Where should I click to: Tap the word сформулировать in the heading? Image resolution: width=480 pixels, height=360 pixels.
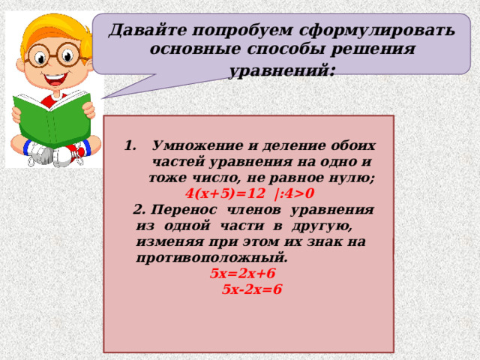[x=376, y=31]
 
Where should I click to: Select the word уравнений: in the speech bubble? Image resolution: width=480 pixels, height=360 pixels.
[x=282, y=71]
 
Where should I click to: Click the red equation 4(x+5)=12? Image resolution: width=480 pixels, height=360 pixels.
[x=225, y=193]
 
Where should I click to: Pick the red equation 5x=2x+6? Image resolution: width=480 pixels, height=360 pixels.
[x=243, y=273]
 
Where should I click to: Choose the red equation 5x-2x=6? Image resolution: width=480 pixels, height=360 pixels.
[x=252, y=289]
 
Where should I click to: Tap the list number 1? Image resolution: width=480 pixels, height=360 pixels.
[x=130, y=145]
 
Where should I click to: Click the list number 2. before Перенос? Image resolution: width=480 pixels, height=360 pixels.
[x=139, y=210]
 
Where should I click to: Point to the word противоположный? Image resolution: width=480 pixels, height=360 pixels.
[x=212, y=258]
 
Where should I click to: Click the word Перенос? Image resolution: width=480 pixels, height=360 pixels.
[x=184, y=210]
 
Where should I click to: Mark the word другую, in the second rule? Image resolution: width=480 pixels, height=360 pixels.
[x=322, y=226]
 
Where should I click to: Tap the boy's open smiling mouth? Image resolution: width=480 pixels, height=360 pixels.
[x=55, y=80]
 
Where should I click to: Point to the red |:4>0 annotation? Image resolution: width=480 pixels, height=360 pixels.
[x=295, y=194]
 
